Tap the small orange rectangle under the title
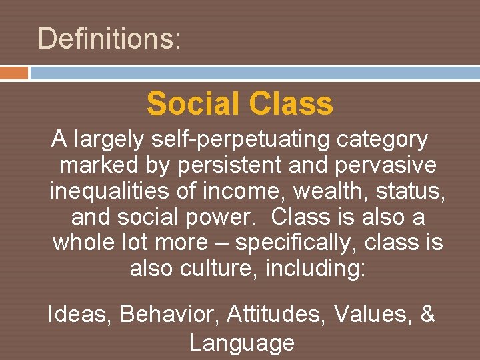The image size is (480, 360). (x=14, y=73)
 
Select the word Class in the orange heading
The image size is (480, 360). (x=291, y=104)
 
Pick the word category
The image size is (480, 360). (x=383, y=139)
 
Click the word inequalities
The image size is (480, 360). (x=109, y=191)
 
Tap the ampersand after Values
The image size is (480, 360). (x=428, y=313)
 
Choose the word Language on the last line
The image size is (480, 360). (x=241, y=343)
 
